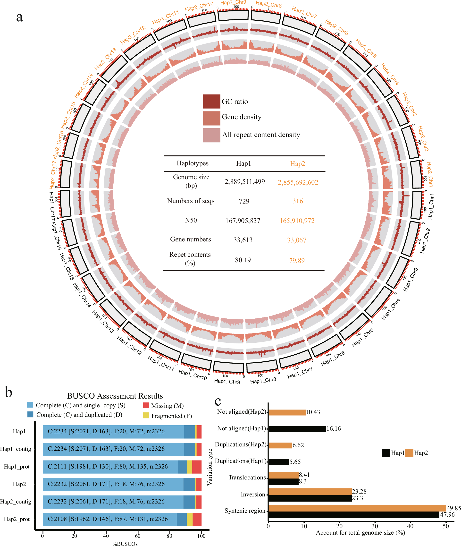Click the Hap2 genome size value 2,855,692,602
tap(298, 182)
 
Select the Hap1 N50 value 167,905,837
tap(243, 221)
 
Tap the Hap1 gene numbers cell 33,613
tap(243, 240)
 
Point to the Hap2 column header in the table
tap(297, 164)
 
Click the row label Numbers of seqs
tap(191, 201)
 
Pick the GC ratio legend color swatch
tap(211, 102)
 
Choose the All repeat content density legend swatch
tap(211, 135)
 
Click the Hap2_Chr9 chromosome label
tap(233, 3)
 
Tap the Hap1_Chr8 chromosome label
tap(263, 380)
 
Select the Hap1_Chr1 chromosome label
tap(431, 207)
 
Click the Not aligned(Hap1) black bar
tap(297, 429)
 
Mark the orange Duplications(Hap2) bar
tap(280, 445)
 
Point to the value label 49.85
tap(453, 508)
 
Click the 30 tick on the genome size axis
tap(375, 526)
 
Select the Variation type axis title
tap(209, 467)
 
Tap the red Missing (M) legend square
tap(146, 406)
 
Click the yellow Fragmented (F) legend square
tap(146, 415)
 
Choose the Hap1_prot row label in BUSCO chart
tap(17, 467)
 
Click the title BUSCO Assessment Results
tap(115, 396)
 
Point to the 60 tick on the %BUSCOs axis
tap(138, 536)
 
